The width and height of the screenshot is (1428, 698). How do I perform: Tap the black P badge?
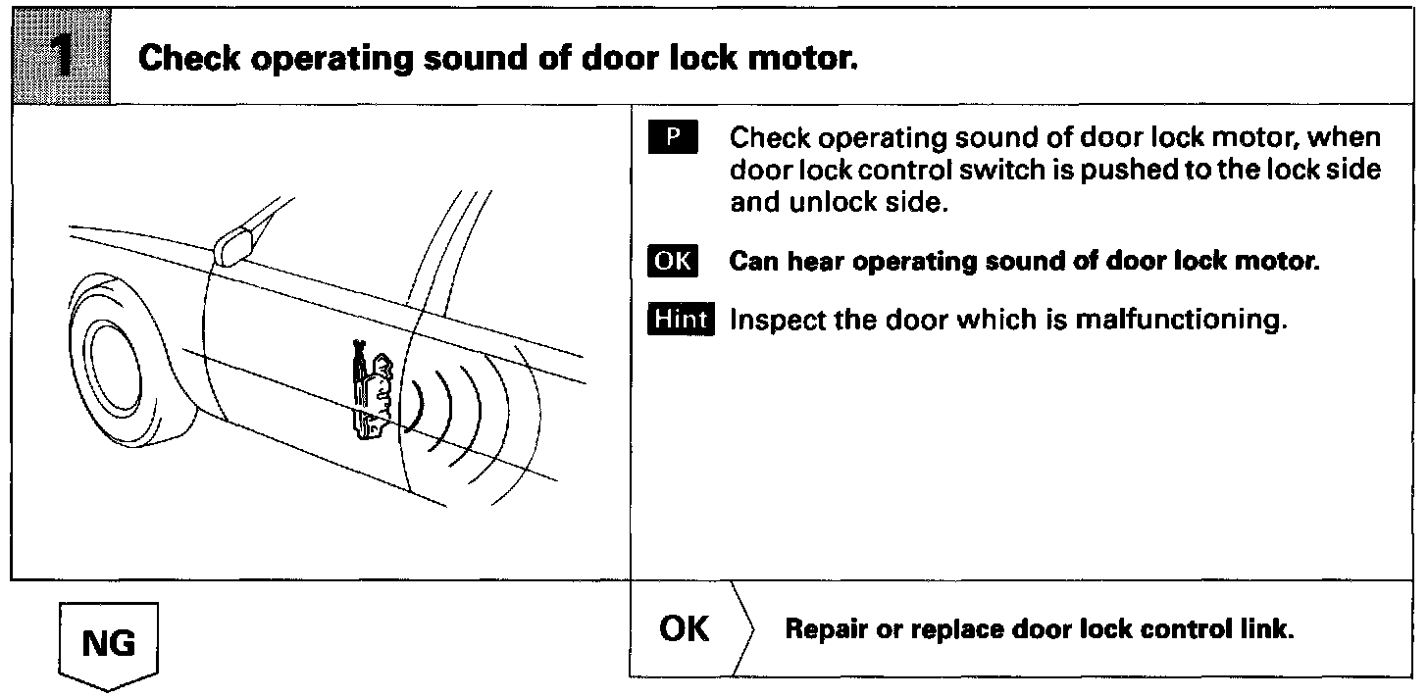[x=672, y=137]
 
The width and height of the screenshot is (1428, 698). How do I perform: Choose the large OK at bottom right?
[x=685, y=628]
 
